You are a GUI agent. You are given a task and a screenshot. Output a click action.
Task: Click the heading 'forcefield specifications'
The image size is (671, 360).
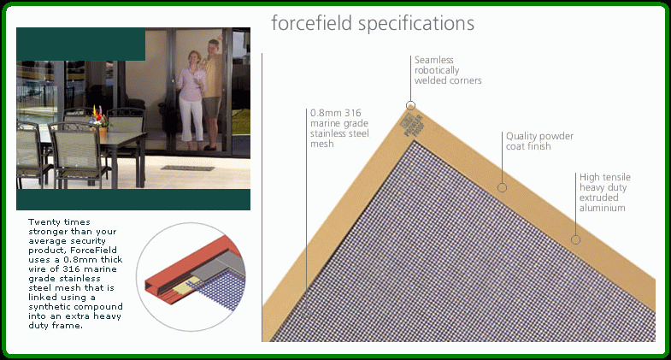click(x=373, y=24)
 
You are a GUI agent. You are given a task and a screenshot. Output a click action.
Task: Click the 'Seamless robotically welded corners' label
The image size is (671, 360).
click(x=448, y=70)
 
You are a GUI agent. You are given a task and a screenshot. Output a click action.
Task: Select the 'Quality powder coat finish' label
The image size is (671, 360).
click(x=539, y=141)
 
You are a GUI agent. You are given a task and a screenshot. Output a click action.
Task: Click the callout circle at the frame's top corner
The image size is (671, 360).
click(x=410, y=105)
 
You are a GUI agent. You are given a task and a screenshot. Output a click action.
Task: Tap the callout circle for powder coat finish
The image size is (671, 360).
click(x=503, y=187)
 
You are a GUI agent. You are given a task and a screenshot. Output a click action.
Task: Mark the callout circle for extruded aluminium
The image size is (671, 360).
click(x=575, y=239)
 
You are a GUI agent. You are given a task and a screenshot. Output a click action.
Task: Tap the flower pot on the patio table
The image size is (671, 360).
click(x=102, y=130)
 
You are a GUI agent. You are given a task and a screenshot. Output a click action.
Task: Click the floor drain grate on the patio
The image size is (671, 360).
click(x=187, y=168)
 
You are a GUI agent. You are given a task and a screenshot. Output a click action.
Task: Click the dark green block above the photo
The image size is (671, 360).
click(x=81, y=44)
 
